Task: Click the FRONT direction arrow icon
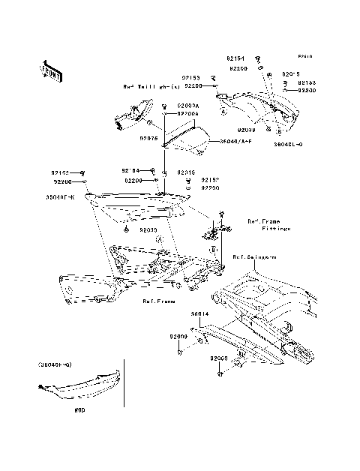pyautogui.click(x=51, y=70)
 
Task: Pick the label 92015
pyautogui.click(x=186, y=172)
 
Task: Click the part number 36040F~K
pyautogui.click(x=61, y=196)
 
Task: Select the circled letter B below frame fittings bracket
pyautogui.click(x=214, y=248)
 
